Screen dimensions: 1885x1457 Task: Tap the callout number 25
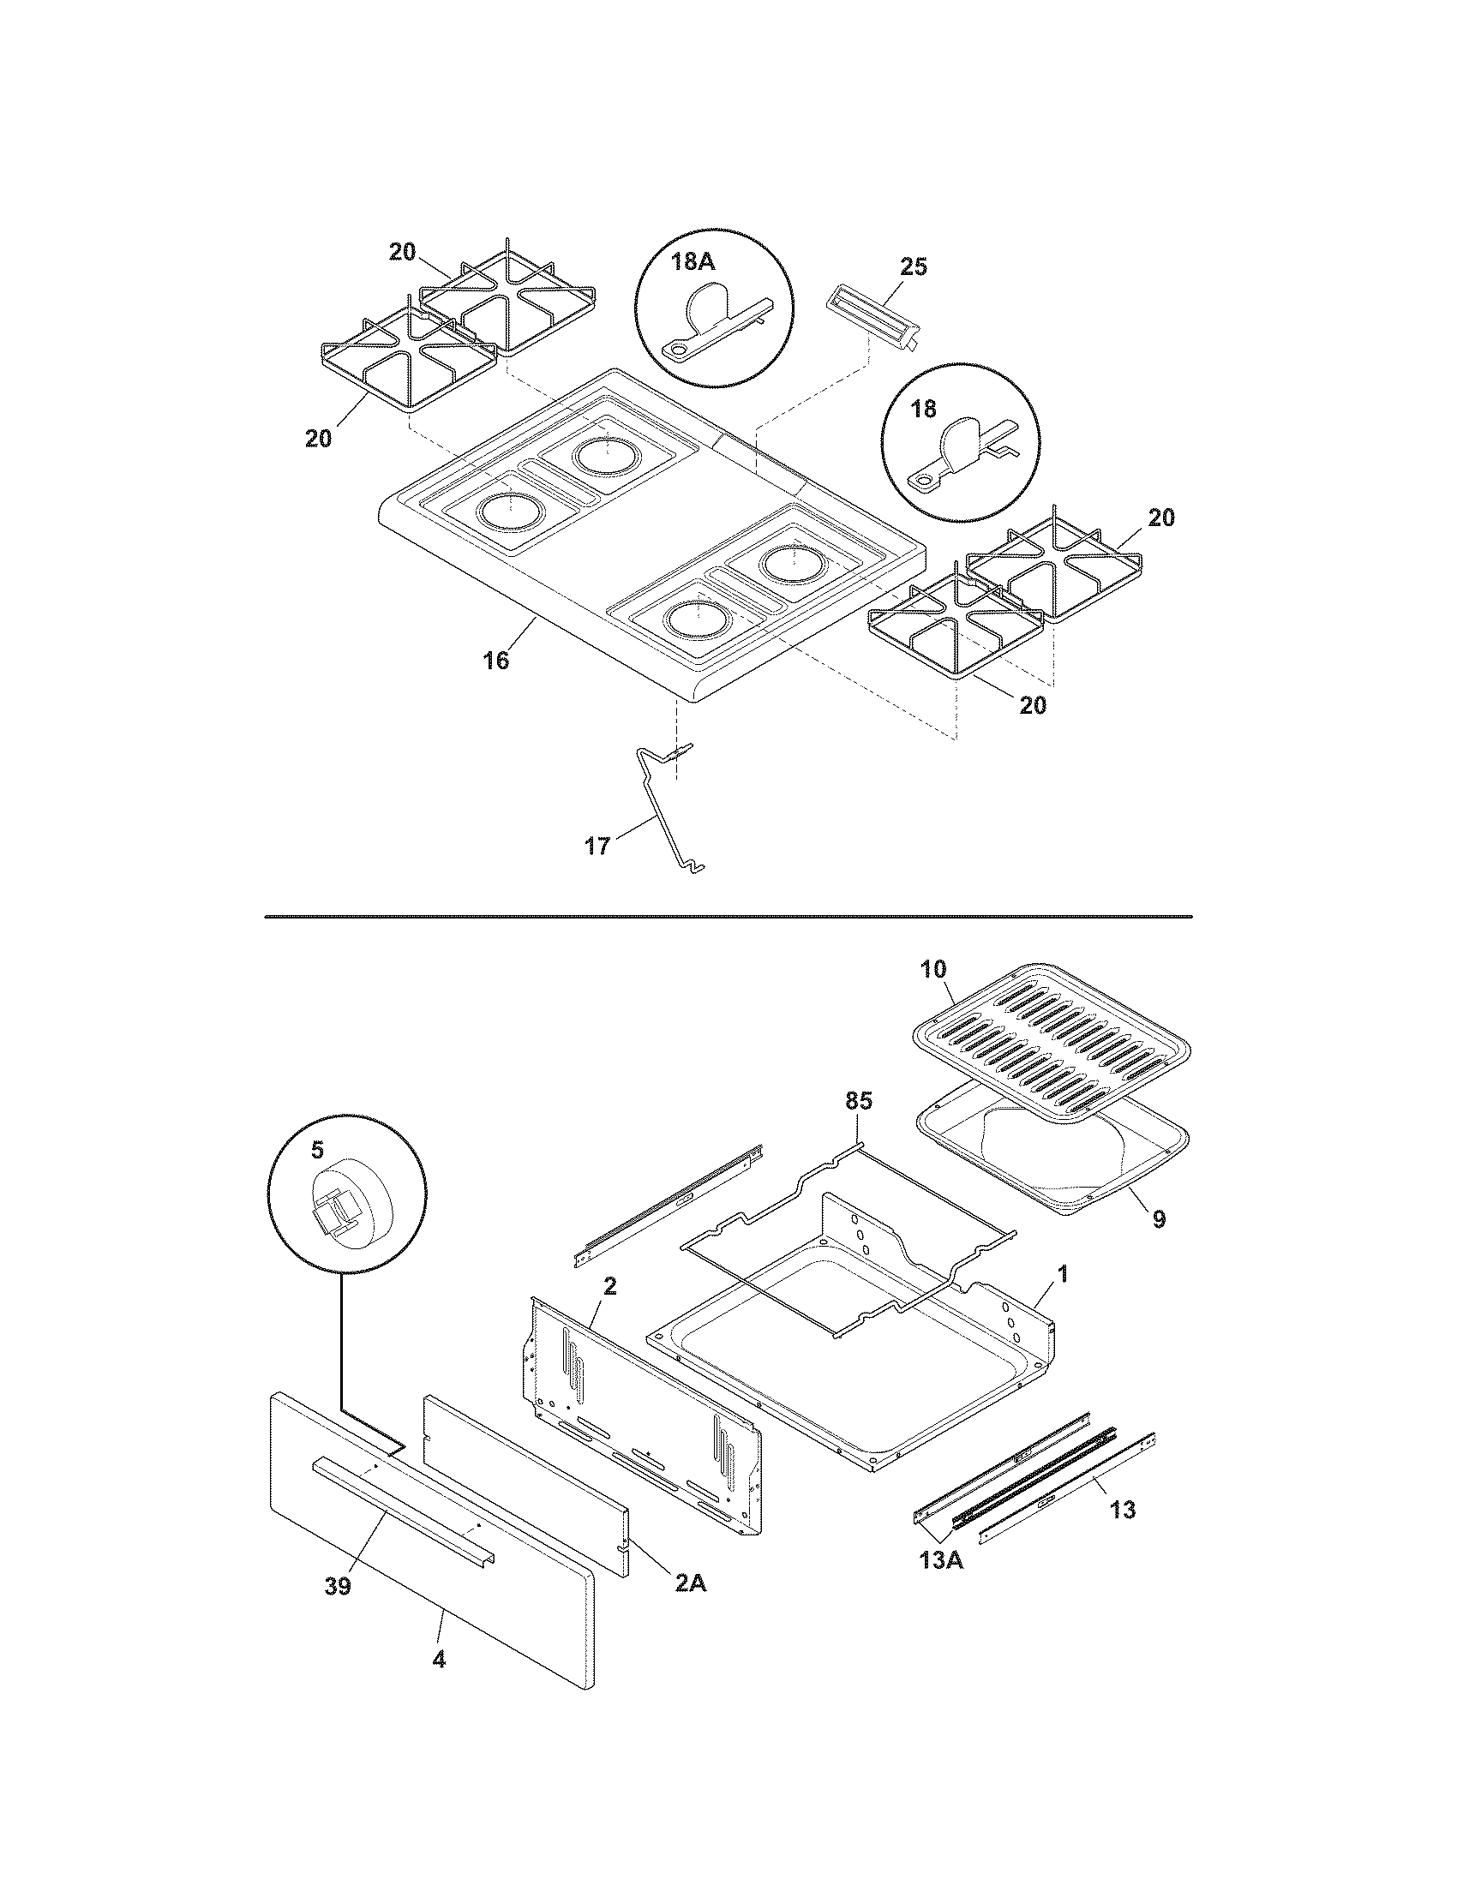913,266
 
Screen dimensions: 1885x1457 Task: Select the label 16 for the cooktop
495,661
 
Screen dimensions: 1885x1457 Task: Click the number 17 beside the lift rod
597,846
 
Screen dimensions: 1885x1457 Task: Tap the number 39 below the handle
338,1586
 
